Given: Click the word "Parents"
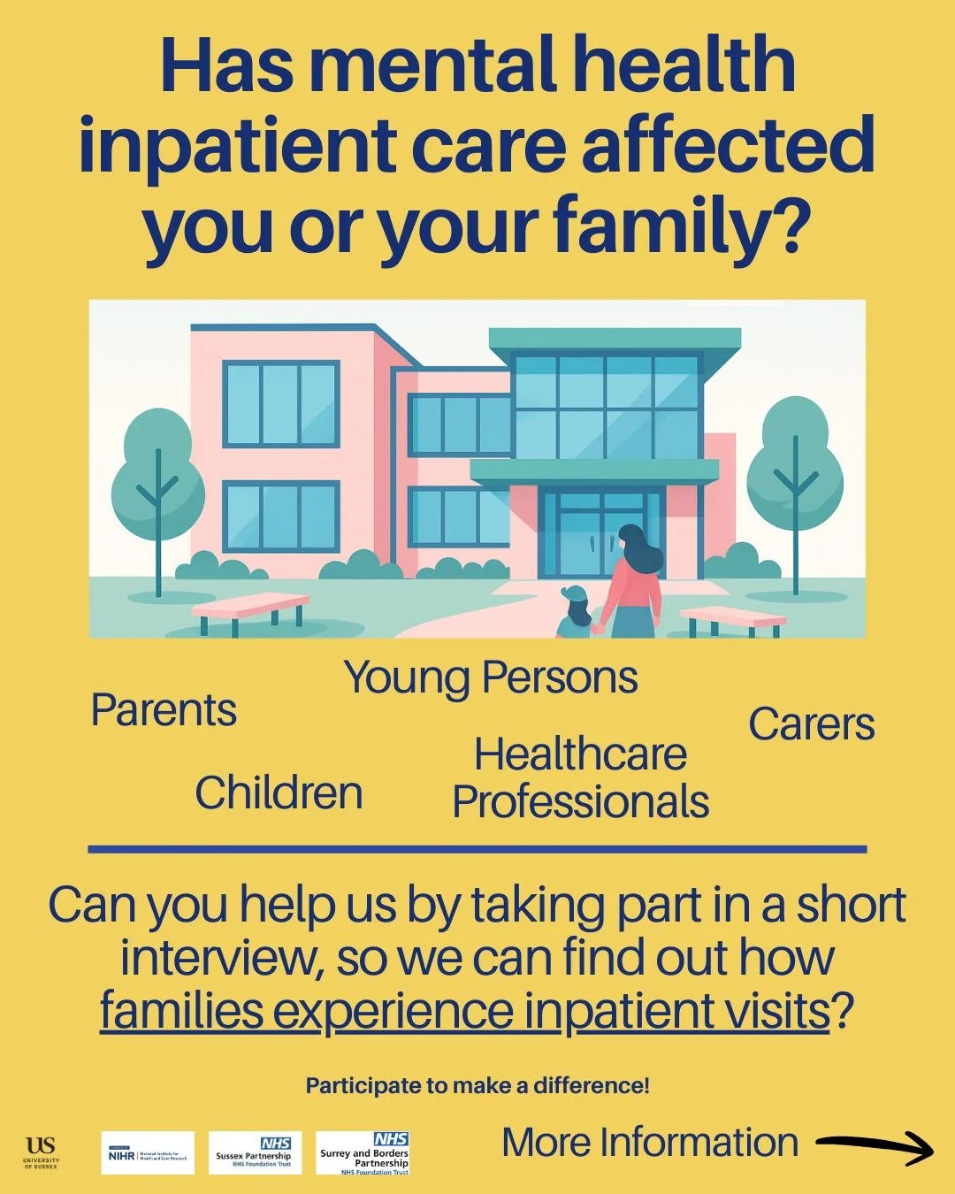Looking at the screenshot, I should click(x=164, y=710).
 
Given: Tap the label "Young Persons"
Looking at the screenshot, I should click(x=491, y=678).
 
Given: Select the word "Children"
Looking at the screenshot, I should click(x=279, y=792).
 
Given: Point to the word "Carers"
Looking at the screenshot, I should click(x=811, y=724).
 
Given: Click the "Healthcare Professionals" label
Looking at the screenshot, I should click(x=580, y=778).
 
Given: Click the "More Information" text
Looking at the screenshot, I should click(x=650, y=1143).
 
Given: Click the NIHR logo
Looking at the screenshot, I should click(x=148, y=1153).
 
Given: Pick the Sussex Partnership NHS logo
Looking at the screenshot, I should click(x=255, y=1153).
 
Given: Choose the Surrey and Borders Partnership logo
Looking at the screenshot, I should click(x=363, y=1153).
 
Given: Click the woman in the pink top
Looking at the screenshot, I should click(x=632, y=584).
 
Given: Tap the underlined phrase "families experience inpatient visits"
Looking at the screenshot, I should click(x=465, y=1010).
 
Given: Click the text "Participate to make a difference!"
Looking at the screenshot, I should click(x=477, y=1085).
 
